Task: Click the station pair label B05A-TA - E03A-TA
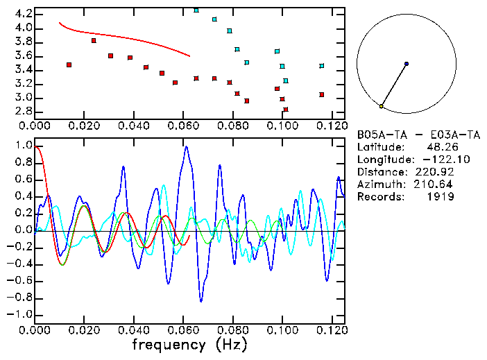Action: tap(407, 135)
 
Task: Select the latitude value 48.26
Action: tap(439, 147)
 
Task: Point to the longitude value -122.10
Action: tap(434, 160)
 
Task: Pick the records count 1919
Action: tap(440, 197)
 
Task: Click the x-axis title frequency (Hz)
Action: tap(189, 344)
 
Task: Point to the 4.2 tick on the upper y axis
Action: tap(24, 14)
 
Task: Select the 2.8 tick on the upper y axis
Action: tap(24, 111)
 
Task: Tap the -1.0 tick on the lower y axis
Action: tap(22, 314)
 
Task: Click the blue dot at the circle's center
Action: tap(407, 64)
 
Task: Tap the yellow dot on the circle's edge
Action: tap(381, 106)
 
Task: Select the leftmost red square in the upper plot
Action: tap(69, 65)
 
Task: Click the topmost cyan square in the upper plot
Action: tap(196, 10)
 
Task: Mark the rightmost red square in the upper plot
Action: tap(321, 94)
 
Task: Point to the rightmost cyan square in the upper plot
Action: tap(321, 66)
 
